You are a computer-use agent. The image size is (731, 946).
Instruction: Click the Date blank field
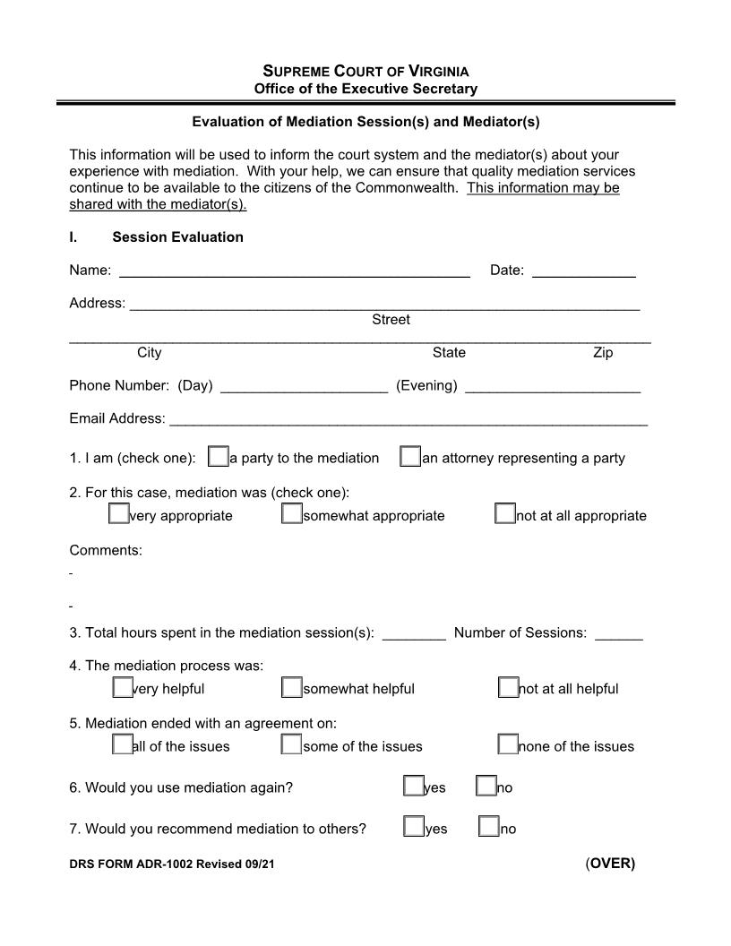pos(583,271)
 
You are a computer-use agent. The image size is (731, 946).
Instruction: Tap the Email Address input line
pos(408,419)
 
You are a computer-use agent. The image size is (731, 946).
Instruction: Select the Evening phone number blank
pos(553,386)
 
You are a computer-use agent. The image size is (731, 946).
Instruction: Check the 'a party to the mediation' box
pos(218,457)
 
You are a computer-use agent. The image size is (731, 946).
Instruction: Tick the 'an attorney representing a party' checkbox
pos(409,457)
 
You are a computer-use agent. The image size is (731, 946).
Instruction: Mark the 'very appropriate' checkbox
pos(118,514)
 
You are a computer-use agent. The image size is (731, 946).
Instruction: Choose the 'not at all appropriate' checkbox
pos(505,514)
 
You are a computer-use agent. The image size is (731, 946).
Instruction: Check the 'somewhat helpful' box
pos(291,688)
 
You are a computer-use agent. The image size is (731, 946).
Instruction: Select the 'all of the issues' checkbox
pos(122,744)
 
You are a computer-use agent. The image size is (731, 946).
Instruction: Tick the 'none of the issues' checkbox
pos(507,744)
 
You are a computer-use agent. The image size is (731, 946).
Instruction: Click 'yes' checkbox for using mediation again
pos(413,787)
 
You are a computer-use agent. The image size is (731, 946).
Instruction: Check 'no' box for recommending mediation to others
pos(488,827)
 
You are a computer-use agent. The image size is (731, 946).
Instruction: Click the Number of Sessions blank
pos(618,633)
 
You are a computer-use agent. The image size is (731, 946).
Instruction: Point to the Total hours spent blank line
pos(414,633)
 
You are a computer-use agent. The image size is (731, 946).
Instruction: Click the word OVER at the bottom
pos(611,864)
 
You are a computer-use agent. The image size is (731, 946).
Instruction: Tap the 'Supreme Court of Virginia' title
pos(365,71)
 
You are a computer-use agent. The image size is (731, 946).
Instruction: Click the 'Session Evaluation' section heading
pos(177,237)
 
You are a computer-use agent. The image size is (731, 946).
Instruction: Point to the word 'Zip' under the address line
pos(603,353)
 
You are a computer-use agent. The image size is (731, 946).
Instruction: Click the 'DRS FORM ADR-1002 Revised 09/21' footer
pos(171,865)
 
